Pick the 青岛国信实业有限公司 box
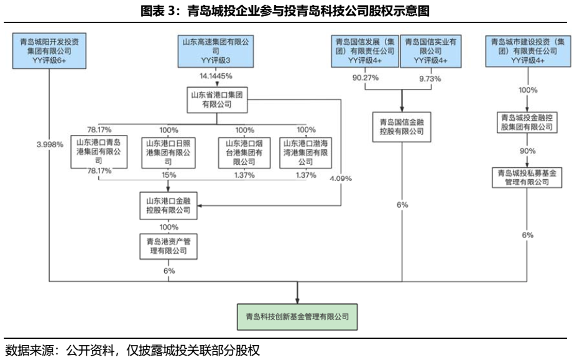click(x=430, y=51)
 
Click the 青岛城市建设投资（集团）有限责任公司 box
click(x=528, y=51)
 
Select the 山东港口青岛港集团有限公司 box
click(x=98, y=152)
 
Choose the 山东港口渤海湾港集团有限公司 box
click(x=305, y=152)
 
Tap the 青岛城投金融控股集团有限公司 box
click(x=528, y=121)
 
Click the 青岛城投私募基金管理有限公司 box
click(x=528, y=177)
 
